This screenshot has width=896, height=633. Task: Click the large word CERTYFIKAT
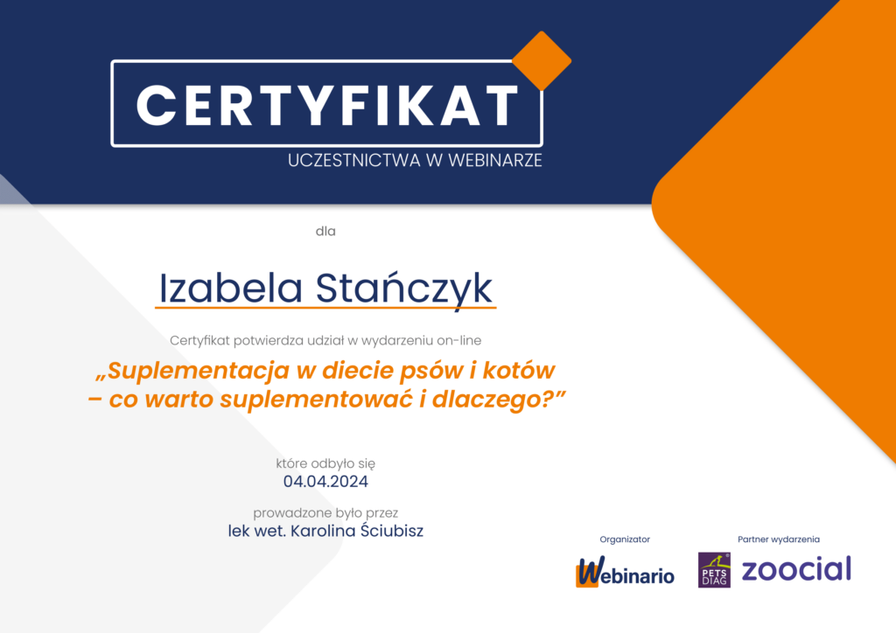pos(327,105)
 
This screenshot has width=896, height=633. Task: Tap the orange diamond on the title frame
pos(541,60)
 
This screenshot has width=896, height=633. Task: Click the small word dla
pos(325,232)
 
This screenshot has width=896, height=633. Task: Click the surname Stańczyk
pos(403,289)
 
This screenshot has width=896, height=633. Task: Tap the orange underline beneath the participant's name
pos(325,308)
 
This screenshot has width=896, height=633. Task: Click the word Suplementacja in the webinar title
pos(199,371)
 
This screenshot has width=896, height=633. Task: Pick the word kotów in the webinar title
pos(525,371)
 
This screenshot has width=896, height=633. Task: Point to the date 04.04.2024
pos(325,481)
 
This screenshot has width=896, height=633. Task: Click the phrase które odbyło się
pos(325,463)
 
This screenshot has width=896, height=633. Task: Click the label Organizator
pos(625,539)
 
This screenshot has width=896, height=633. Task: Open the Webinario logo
pos(625,574)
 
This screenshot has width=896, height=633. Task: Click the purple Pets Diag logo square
pos(714,570)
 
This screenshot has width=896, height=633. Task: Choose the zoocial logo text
pos(796,569)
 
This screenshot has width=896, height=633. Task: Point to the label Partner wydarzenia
pos(779,539)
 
